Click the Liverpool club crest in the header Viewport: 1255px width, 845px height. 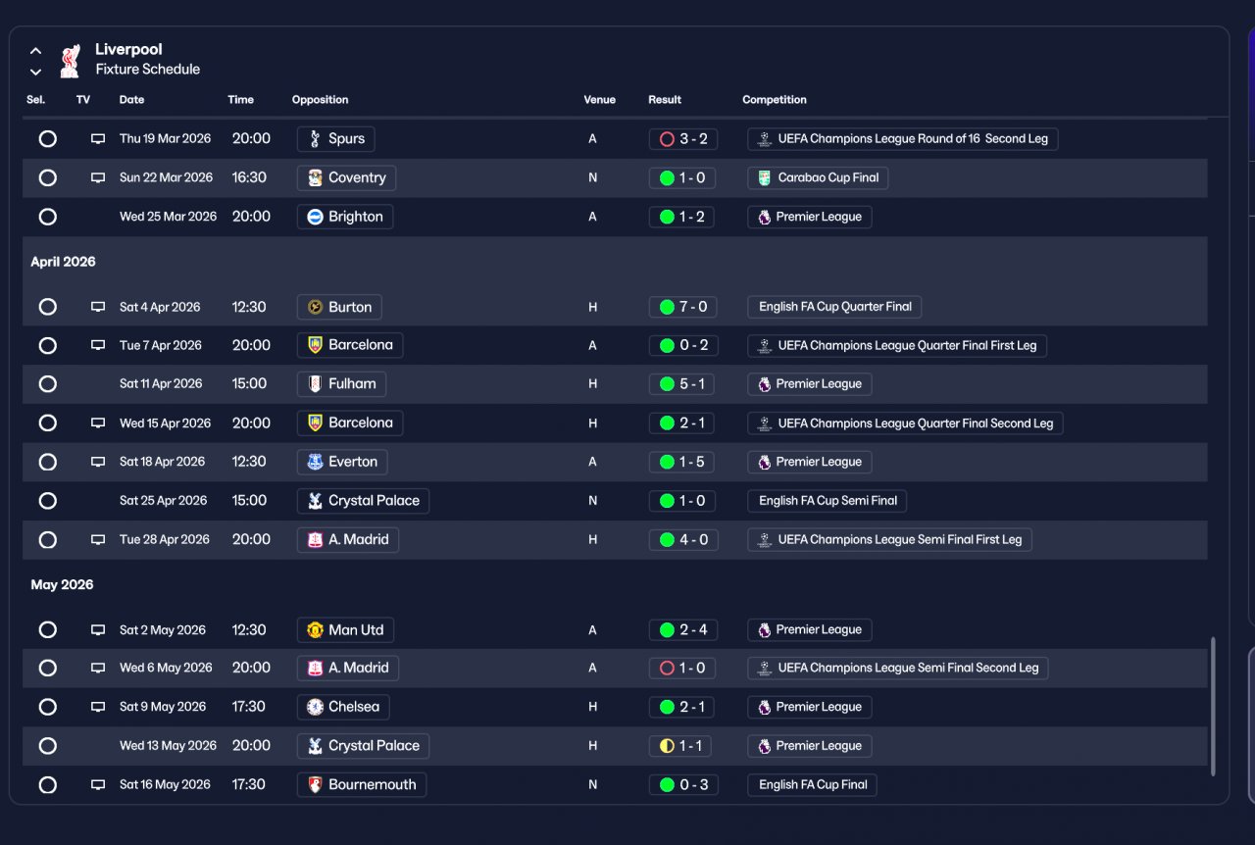click(69, 60)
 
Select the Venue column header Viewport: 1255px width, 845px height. click(599, 100)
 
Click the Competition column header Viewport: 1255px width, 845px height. click(775, 100)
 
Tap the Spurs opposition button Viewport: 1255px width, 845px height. click(335, 139)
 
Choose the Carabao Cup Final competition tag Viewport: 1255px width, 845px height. click(818, 178)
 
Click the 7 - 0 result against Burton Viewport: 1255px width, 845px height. click(682, 307)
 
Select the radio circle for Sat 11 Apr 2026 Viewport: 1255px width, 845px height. click(47, 384)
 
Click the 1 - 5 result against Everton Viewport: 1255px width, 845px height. click(682, 462)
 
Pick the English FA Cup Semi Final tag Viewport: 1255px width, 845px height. click(827, 501)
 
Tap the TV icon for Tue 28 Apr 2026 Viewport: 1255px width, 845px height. click(98, 540)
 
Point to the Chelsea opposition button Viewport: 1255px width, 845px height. click(343, 707)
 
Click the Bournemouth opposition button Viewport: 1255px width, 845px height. click(362, 785)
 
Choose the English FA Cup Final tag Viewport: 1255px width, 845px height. click(812, 785)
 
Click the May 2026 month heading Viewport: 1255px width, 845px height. click(62, 585)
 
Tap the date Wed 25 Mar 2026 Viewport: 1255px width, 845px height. click(168, 217)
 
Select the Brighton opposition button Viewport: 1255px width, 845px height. click(345, 217)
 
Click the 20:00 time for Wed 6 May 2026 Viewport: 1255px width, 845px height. click(251, 668)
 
